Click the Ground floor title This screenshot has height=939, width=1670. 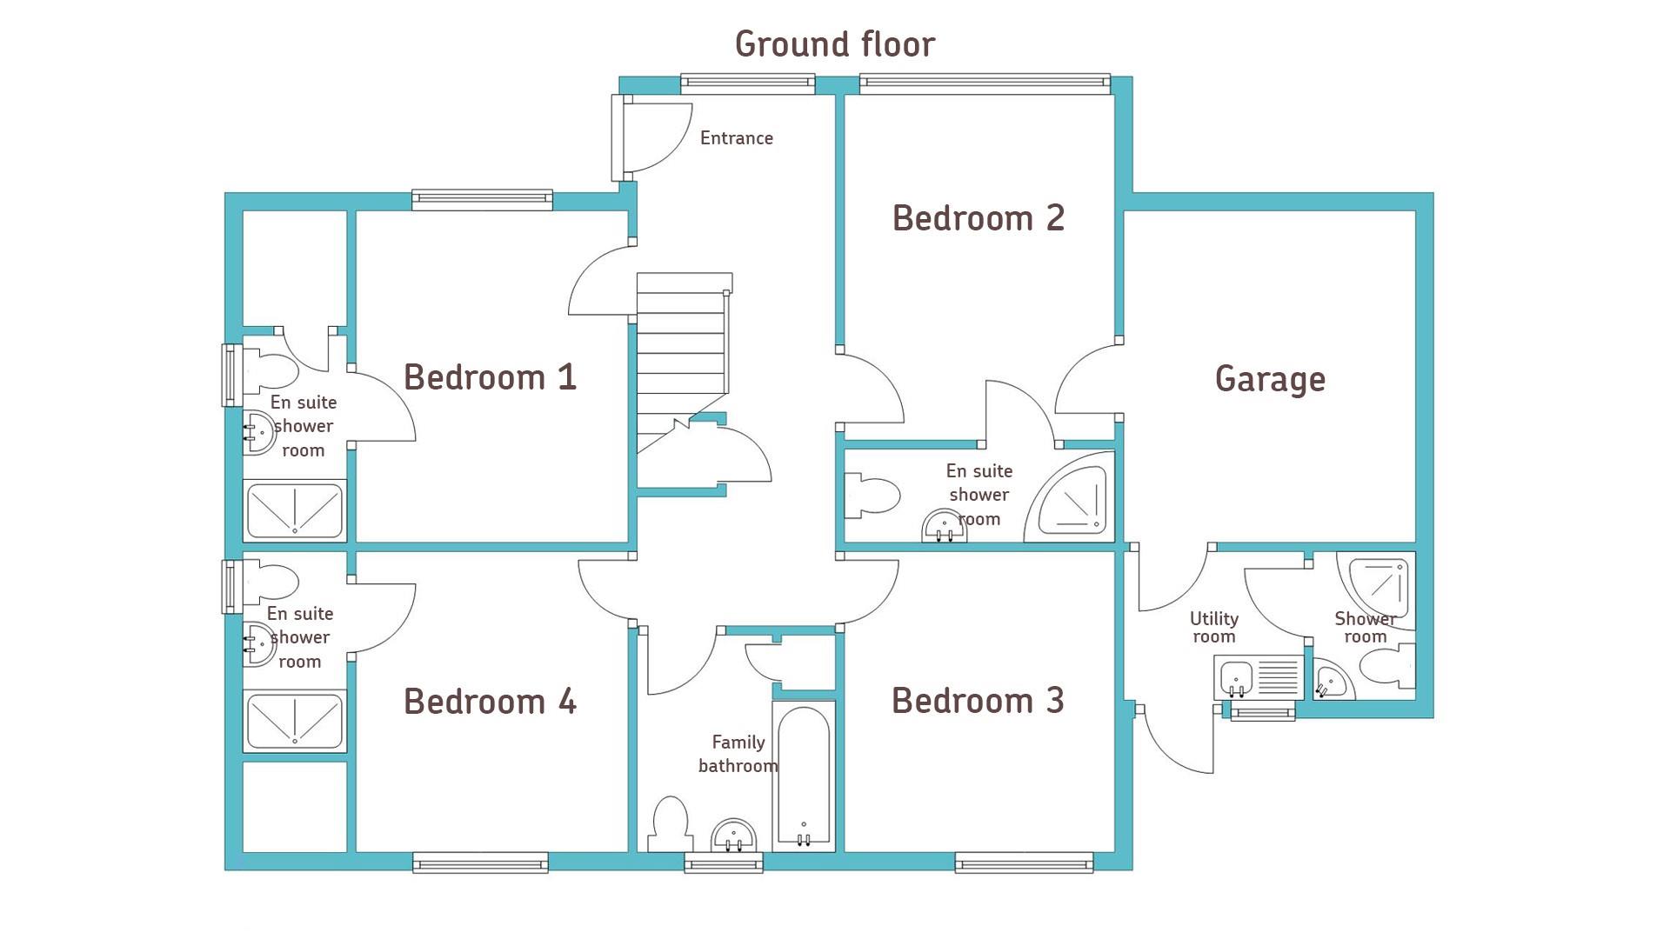tap(835, 44)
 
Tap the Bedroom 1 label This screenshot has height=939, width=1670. tap(491, 377)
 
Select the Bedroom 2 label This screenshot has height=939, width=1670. tap(979, 218)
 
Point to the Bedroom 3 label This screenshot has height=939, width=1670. tap(978, 701)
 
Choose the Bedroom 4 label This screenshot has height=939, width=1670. tap(491, 702)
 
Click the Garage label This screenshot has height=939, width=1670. tap(1270, 380)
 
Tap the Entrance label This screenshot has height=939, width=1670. tap(737, 138)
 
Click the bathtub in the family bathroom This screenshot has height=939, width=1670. tap(804, 776)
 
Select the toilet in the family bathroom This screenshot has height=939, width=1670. tap(671, 824)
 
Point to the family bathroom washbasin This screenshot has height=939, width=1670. tap(734, 836)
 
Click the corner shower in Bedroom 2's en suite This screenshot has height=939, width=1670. tap(1071, 496)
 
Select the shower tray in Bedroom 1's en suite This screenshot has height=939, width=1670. tap(295, 510)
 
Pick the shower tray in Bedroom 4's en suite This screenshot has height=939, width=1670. tap(295, 722)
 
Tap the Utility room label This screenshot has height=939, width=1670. tap(1214, 628)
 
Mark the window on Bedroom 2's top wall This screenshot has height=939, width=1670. tap(985, 83)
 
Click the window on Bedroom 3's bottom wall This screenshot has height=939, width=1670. tap(1024, 862)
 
